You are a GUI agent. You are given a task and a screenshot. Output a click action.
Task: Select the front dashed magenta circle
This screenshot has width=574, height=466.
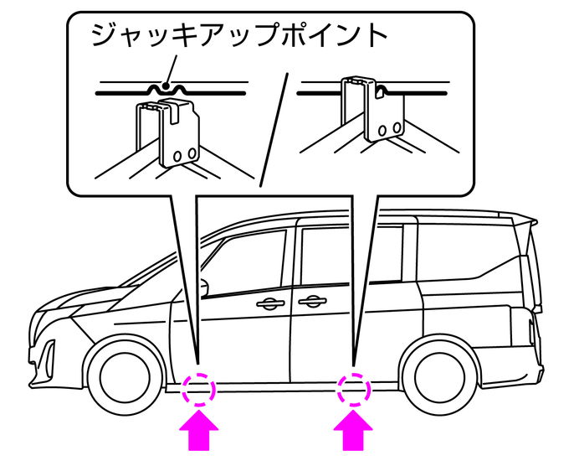pyautogui.click(x=199, y=389)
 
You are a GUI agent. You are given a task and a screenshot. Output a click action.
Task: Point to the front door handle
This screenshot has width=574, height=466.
pyautogui.click(x=270, y=304)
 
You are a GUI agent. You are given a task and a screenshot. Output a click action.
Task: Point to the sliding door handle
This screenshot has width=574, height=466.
pyautogui.click(x=311, y=302)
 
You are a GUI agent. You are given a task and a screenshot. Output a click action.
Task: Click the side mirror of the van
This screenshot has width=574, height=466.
pyautogui.click(x=203, y=285)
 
